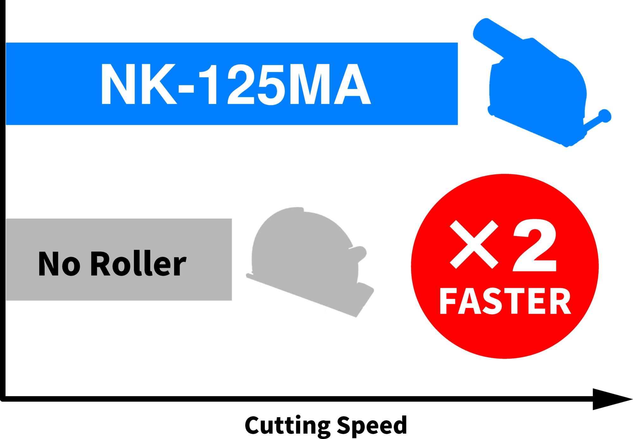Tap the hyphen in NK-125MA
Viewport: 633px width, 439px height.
(186, 89)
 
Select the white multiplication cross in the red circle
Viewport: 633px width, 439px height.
(474, 244)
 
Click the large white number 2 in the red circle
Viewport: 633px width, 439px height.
(535, 245)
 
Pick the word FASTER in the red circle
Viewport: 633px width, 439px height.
(505, 301)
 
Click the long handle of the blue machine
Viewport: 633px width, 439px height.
(500, 36)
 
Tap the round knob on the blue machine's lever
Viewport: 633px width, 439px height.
(605, 115)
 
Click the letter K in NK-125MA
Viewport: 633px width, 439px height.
(159, 84)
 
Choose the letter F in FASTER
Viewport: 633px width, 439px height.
(448, 301)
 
